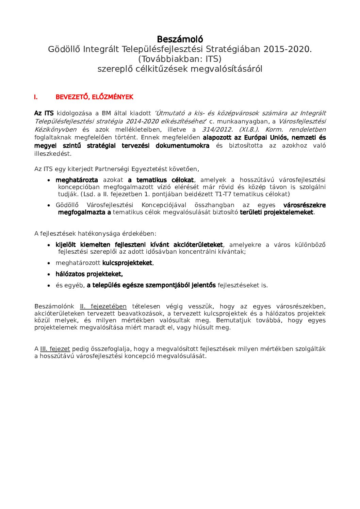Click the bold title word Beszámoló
tap(180, 39)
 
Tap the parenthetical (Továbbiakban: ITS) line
tap(180, 59)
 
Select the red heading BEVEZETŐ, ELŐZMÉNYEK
tap(94, 97)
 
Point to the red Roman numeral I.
tap(36, 97)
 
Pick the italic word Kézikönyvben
tap(55, 130)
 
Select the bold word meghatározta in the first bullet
tap(77, 180)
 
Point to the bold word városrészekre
tap(304, 205)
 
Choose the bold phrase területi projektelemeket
tap(276, 213)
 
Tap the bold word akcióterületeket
tap(198, 245)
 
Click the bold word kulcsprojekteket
tap(127, 263)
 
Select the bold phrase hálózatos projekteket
tap(89, 274)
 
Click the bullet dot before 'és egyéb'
tap(49, 286)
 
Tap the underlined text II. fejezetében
tap(103, 306)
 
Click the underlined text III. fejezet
tap(55, 349)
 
